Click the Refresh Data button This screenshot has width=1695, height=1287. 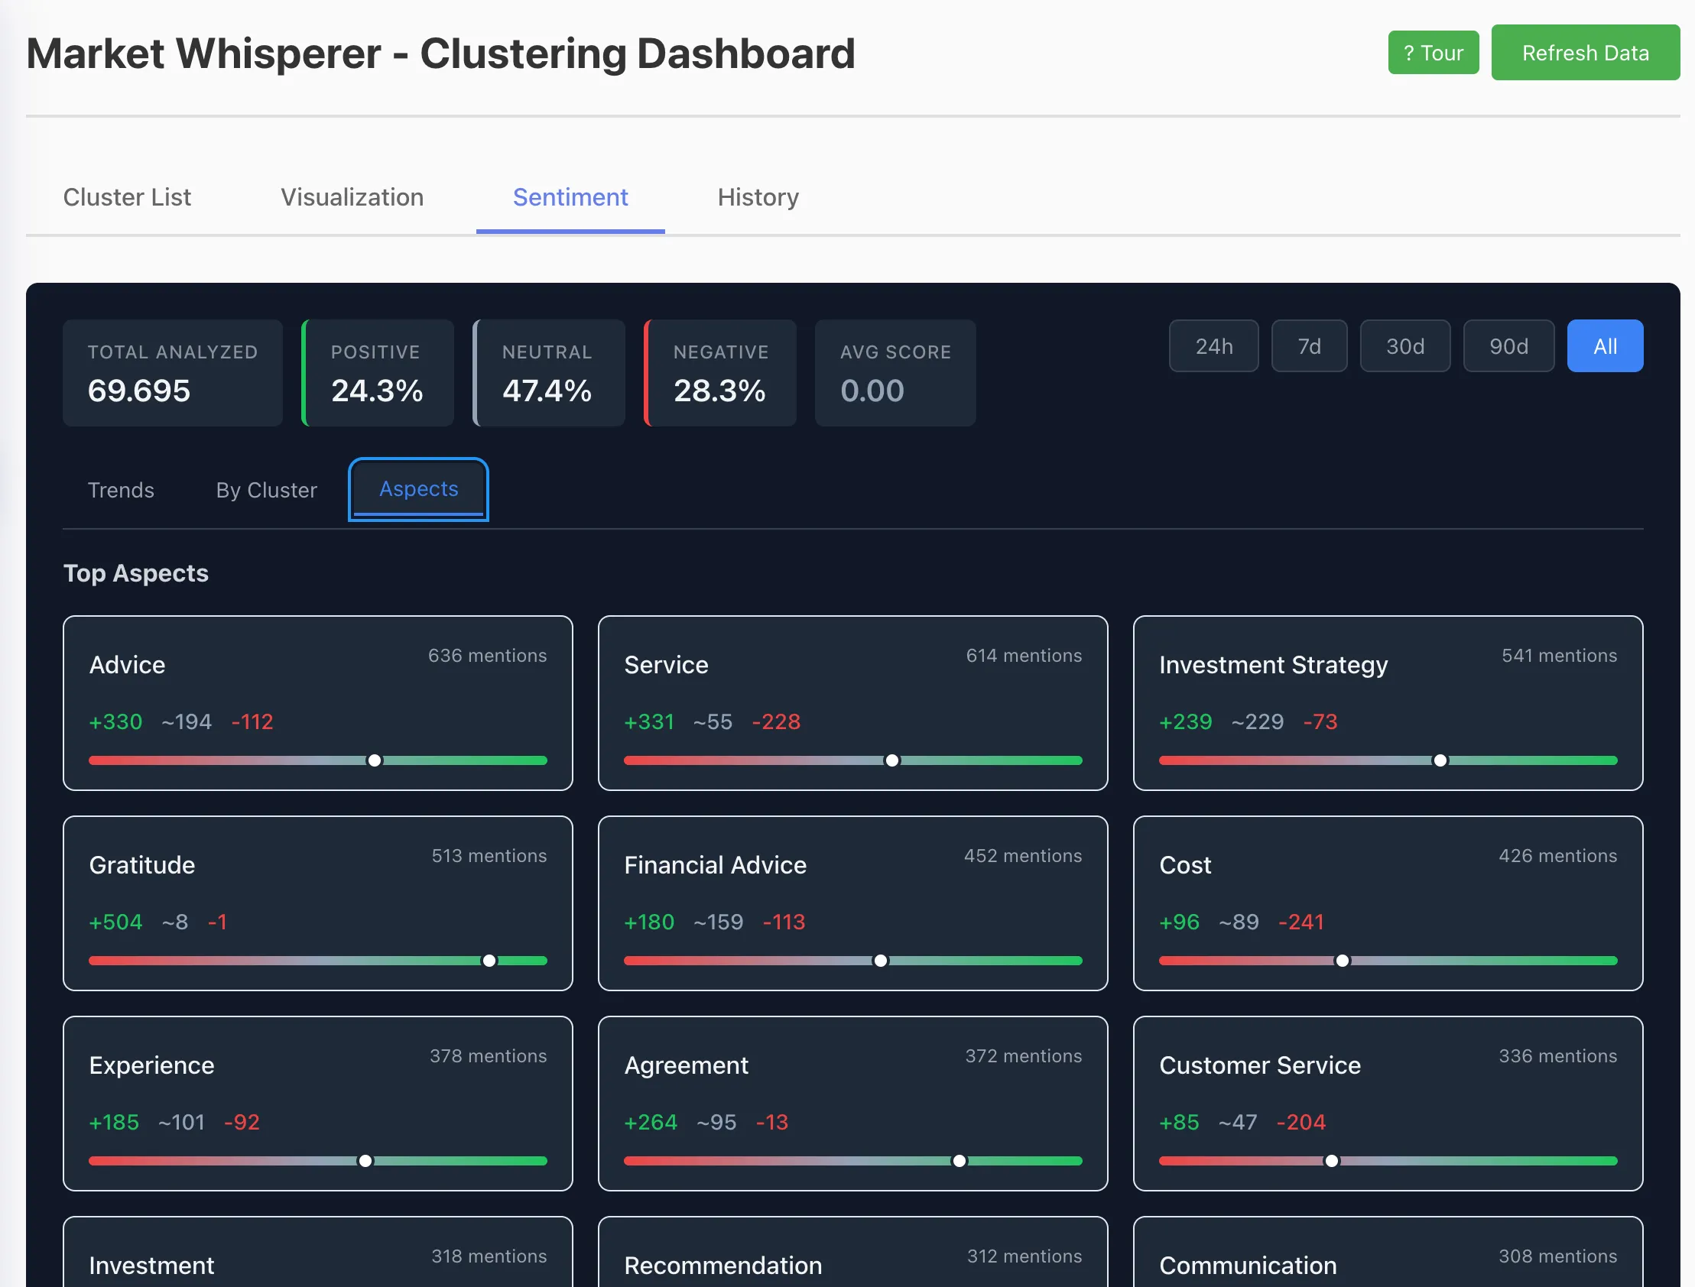point(1585,53)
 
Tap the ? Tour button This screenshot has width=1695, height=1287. point(1434,53)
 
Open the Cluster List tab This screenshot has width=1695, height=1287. point(127,198)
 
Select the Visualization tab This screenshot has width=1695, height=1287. point(352,198)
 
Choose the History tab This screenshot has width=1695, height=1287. point(758,198)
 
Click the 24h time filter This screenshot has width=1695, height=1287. point(1214,346)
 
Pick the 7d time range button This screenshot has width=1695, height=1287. point(1310,346)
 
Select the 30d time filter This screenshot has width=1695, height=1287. point(1405,346)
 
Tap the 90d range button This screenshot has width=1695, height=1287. point(1508,346)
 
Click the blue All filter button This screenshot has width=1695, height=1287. point(1606,346)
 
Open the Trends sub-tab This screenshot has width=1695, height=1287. point(121,491)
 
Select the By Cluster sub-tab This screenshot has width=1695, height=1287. point(267,491)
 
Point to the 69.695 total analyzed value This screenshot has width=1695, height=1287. point(138,391)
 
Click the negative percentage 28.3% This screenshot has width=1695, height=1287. point(719,391)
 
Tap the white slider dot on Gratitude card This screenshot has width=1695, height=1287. point(489,961)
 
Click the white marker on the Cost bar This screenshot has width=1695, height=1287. point(1343,961)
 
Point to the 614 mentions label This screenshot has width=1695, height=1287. point(1024,656)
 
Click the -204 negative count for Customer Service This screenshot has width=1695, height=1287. point(1301,1122)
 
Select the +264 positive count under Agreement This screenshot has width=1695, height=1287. point(651,1122)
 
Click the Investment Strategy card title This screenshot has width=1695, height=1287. point(1274,665)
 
